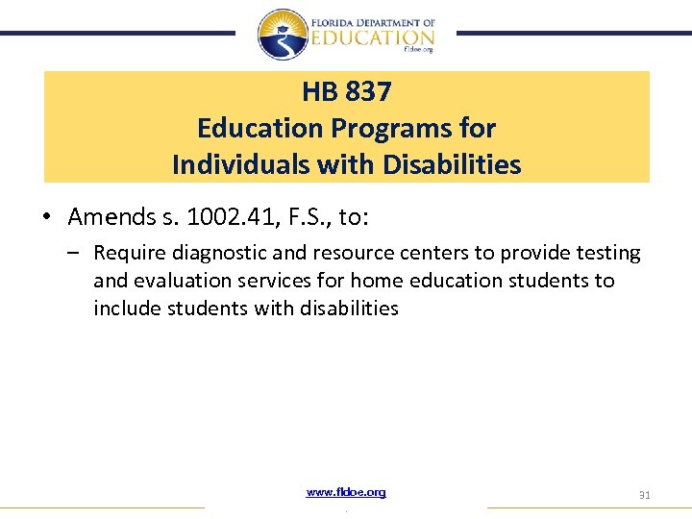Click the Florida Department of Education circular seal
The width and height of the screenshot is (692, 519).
283,35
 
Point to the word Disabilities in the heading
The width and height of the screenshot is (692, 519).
452,164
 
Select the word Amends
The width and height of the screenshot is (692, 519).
108,218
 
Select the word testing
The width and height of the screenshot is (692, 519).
605,254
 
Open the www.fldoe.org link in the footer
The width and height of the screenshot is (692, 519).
346,492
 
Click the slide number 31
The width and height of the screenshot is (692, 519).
644,495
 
